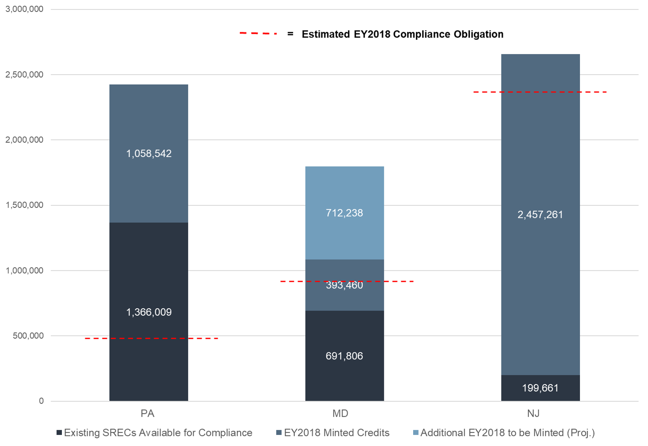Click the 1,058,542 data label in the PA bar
(x=149, y=153)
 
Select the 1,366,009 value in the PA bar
(x=149, y=312)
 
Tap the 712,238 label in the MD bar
(x=344, y=213)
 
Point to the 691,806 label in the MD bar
(x=344, y=356)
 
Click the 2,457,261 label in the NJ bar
(x=540, y=215)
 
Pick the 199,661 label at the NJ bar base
(x=540, y=388)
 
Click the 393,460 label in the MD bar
(x=344, y=285)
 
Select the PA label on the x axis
(x=147, y=413)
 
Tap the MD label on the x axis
(x=340, y=413)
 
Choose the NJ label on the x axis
(x=533, y=413)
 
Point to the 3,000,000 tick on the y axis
(x=24, y=9)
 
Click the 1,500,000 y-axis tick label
(x=24, y=205)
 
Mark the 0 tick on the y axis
(x=41, y=401)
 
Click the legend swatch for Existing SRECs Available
(x=59, y=433)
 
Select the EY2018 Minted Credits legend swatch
(x=279, y=433)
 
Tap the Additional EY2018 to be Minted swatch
(x=416, y=433)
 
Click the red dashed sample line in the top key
(x=258, y=33)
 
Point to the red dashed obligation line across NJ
(x=540, y=92)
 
